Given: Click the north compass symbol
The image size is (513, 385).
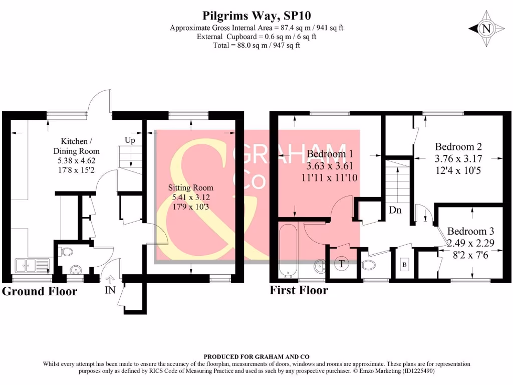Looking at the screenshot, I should click(x=485, y=29).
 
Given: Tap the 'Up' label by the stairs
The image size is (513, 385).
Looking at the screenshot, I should click(x=130, y=140).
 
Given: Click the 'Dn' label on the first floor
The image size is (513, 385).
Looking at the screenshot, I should click(x=395, y=210).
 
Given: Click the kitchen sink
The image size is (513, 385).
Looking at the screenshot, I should click(x=32, y=264).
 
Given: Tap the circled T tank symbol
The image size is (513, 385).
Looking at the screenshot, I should click(x=342, y=263).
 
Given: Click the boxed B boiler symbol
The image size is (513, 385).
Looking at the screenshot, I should click(x=404, y=264).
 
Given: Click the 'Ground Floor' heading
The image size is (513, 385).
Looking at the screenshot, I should click(x=40, y=291).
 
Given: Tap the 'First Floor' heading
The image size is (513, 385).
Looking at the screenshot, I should click(x=299, y=290).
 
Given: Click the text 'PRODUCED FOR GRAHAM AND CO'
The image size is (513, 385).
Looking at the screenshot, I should click(x=256, y=356).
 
